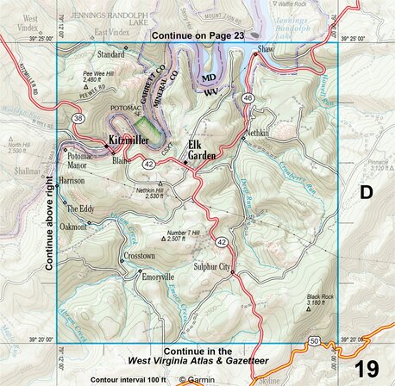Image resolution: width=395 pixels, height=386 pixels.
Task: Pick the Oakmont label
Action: (x=73, y=227)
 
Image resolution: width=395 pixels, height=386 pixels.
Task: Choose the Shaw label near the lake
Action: (x=265, y=51)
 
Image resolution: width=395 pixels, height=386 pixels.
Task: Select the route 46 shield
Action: (x=247, y=100)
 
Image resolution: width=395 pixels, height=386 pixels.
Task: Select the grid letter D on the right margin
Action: (x=366, y=193)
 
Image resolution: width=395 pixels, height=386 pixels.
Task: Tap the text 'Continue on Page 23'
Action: (x=197, y=36)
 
